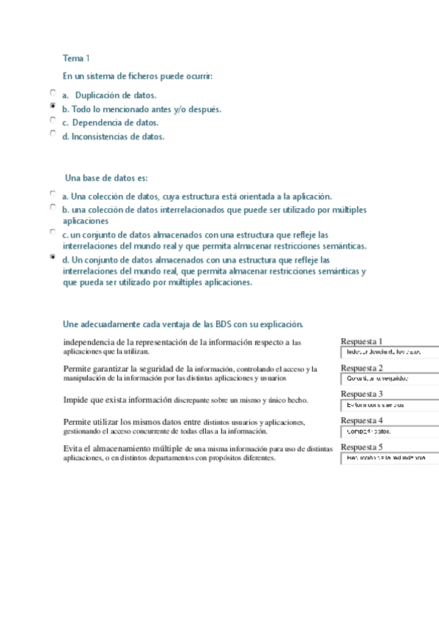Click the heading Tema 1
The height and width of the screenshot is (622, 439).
(x=76, y=58)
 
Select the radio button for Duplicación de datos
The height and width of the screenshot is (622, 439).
(x=53, y=92)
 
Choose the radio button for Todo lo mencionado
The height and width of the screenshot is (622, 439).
(x=53, y=106)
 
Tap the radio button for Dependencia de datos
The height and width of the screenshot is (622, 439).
(x=53, y=120)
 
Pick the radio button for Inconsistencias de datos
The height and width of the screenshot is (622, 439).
(x=53, y=133)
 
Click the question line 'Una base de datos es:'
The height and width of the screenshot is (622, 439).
(x=106, y=178)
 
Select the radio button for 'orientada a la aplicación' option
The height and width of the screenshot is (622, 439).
(x=53, y=194)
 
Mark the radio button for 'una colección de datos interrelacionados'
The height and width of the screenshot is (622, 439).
(x=53, y=208)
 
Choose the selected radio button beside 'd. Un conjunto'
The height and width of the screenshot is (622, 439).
(x=53, y=257)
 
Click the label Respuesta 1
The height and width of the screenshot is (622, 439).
(x=361, y=341)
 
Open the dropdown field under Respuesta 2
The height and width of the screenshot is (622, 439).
(x=389, y=378)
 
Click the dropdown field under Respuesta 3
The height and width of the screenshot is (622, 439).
(x=389, y=405)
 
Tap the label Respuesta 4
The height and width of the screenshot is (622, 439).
(x=361, y=420)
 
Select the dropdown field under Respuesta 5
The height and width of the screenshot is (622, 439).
(x=389, y=458)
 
